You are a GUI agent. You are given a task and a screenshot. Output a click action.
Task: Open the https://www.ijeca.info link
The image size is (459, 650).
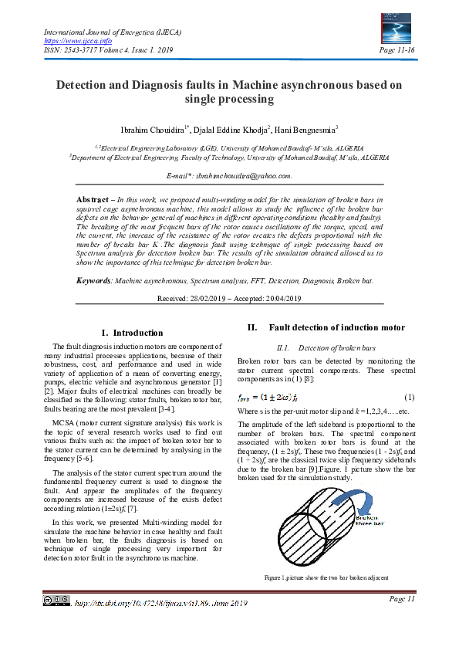tap(68, 40)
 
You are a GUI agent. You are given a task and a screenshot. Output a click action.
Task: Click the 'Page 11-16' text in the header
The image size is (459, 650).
tap(399, 50)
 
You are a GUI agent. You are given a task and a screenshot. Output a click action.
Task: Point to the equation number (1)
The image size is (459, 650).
tap(409, 397)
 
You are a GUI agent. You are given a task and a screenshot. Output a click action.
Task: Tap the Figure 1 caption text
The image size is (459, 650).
tap(325, 577)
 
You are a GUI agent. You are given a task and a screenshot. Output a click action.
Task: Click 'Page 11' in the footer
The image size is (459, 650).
tap(402, 598)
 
